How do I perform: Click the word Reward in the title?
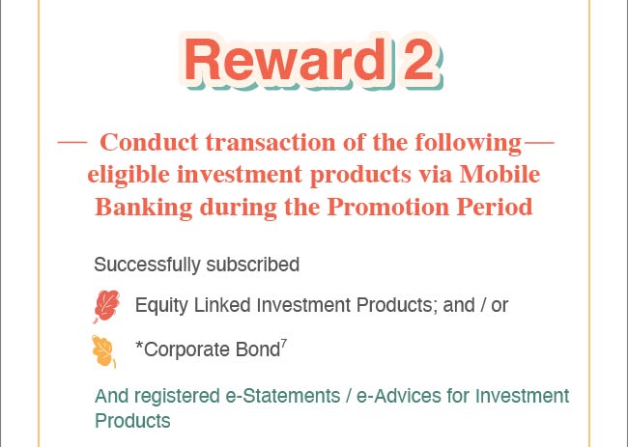click(284, 60)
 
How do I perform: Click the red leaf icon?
click(106, 306)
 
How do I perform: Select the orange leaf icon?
click(103, 351)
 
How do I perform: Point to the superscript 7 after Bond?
click(283, 344)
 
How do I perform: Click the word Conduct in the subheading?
click(149, 142)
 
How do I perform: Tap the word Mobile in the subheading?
click(500, 175)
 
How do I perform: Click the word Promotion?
click(388, 207)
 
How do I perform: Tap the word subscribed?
click(253, 265)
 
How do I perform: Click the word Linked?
click(222, 305)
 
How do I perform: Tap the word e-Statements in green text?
click(283, 396)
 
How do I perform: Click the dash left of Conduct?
click(72, 142)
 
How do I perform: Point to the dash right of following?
click(539, 142)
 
